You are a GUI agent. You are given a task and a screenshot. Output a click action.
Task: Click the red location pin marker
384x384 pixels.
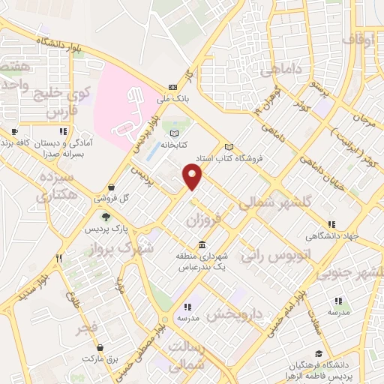(x=193, y=177)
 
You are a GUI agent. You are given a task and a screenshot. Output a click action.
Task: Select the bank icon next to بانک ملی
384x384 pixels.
(x=172, y=85)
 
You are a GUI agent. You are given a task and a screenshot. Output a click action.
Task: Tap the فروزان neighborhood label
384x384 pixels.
(x=202, y=221)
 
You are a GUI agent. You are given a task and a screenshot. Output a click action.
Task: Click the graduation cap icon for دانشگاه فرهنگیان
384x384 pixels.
(x=318, y=353)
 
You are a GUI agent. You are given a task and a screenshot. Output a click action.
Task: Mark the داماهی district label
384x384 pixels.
(x=281, y=70)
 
